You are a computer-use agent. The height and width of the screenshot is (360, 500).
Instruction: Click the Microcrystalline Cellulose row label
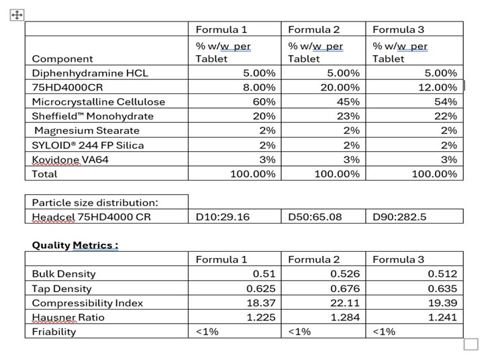click(x=99, y=102)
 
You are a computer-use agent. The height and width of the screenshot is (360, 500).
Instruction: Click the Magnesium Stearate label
click(x=87, y=130)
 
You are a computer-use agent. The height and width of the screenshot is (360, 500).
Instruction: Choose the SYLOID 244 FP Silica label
click(x=88, y=145)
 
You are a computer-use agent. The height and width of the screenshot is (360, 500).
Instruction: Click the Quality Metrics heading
click(x=75, y=245)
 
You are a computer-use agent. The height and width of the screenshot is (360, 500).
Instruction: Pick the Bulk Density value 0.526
click(x=346, y=274)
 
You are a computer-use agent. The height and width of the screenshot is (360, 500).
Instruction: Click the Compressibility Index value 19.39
click(x=443, y=303)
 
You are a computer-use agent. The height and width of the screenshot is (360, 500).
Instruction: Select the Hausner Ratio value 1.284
click(x=346, y=317)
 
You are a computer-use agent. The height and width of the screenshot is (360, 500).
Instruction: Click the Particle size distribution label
click(x=95, y=202)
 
